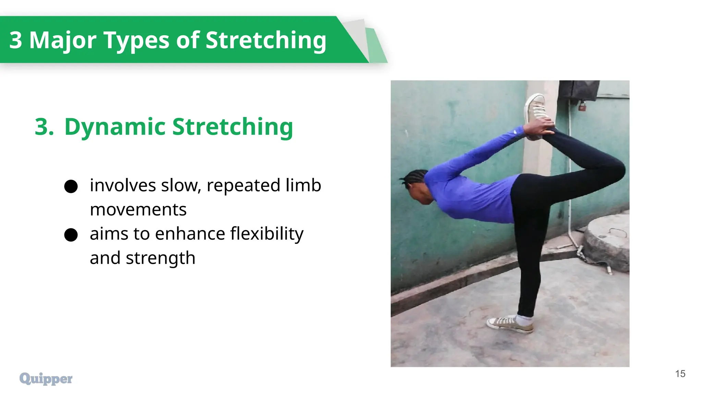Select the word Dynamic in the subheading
(115, 127)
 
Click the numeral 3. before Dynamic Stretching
(44, 127)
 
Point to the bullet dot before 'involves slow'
(71, 186)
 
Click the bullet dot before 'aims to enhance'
(71, 235)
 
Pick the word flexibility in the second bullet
(267, 234)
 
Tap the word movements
(138, 210)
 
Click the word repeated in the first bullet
(243, 185)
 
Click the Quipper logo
(46, 379)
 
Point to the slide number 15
(680, 374)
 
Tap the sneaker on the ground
(509, 324)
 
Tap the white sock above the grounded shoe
(524, 320)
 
